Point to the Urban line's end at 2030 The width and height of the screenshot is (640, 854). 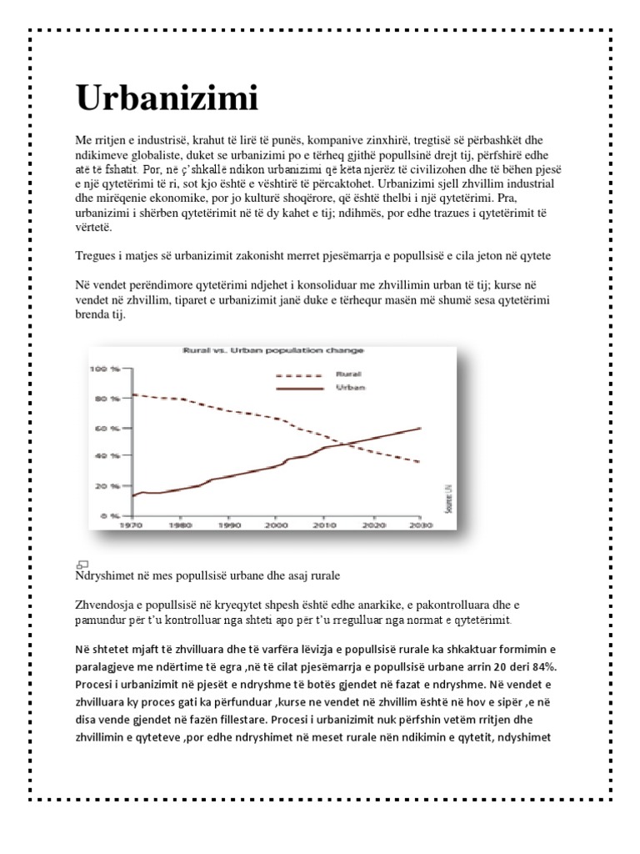pos(418,428)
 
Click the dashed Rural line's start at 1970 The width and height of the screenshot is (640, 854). pos(134,394)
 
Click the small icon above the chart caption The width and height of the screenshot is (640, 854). pos(82,565)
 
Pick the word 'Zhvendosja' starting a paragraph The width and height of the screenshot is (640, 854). pos(102,604)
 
